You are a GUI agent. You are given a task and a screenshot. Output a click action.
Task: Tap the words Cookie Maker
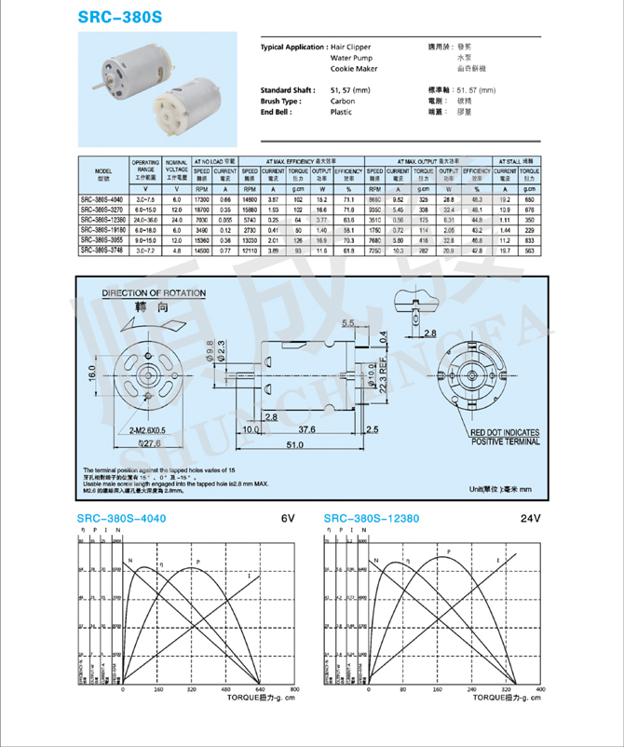pyautogui.click(x=351, y=69)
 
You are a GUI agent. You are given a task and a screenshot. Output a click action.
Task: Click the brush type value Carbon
pyautogui.click(x=342, y=101)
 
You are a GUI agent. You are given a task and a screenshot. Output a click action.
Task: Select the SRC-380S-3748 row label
pyautogui.click(x=101, y=250)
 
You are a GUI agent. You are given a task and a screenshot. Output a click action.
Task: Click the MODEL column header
pyautogui.click(x=103, y=174)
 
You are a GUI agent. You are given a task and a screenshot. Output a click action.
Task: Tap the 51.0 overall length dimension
pyautogui.click(x=293, y=446)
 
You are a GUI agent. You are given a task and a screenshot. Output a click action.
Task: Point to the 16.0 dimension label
pyautogui.click(x=92, y=373)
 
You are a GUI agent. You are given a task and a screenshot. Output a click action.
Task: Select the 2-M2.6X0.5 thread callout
pyautogui.click(x=141, y=431)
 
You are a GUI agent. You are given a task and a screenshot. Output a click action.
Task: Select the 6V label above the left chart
pyautogui.click(x=288, y=518)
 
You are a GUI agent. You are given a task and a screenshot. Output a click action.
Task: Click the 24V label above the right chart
pyautogui.click(x=530, y=518)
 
